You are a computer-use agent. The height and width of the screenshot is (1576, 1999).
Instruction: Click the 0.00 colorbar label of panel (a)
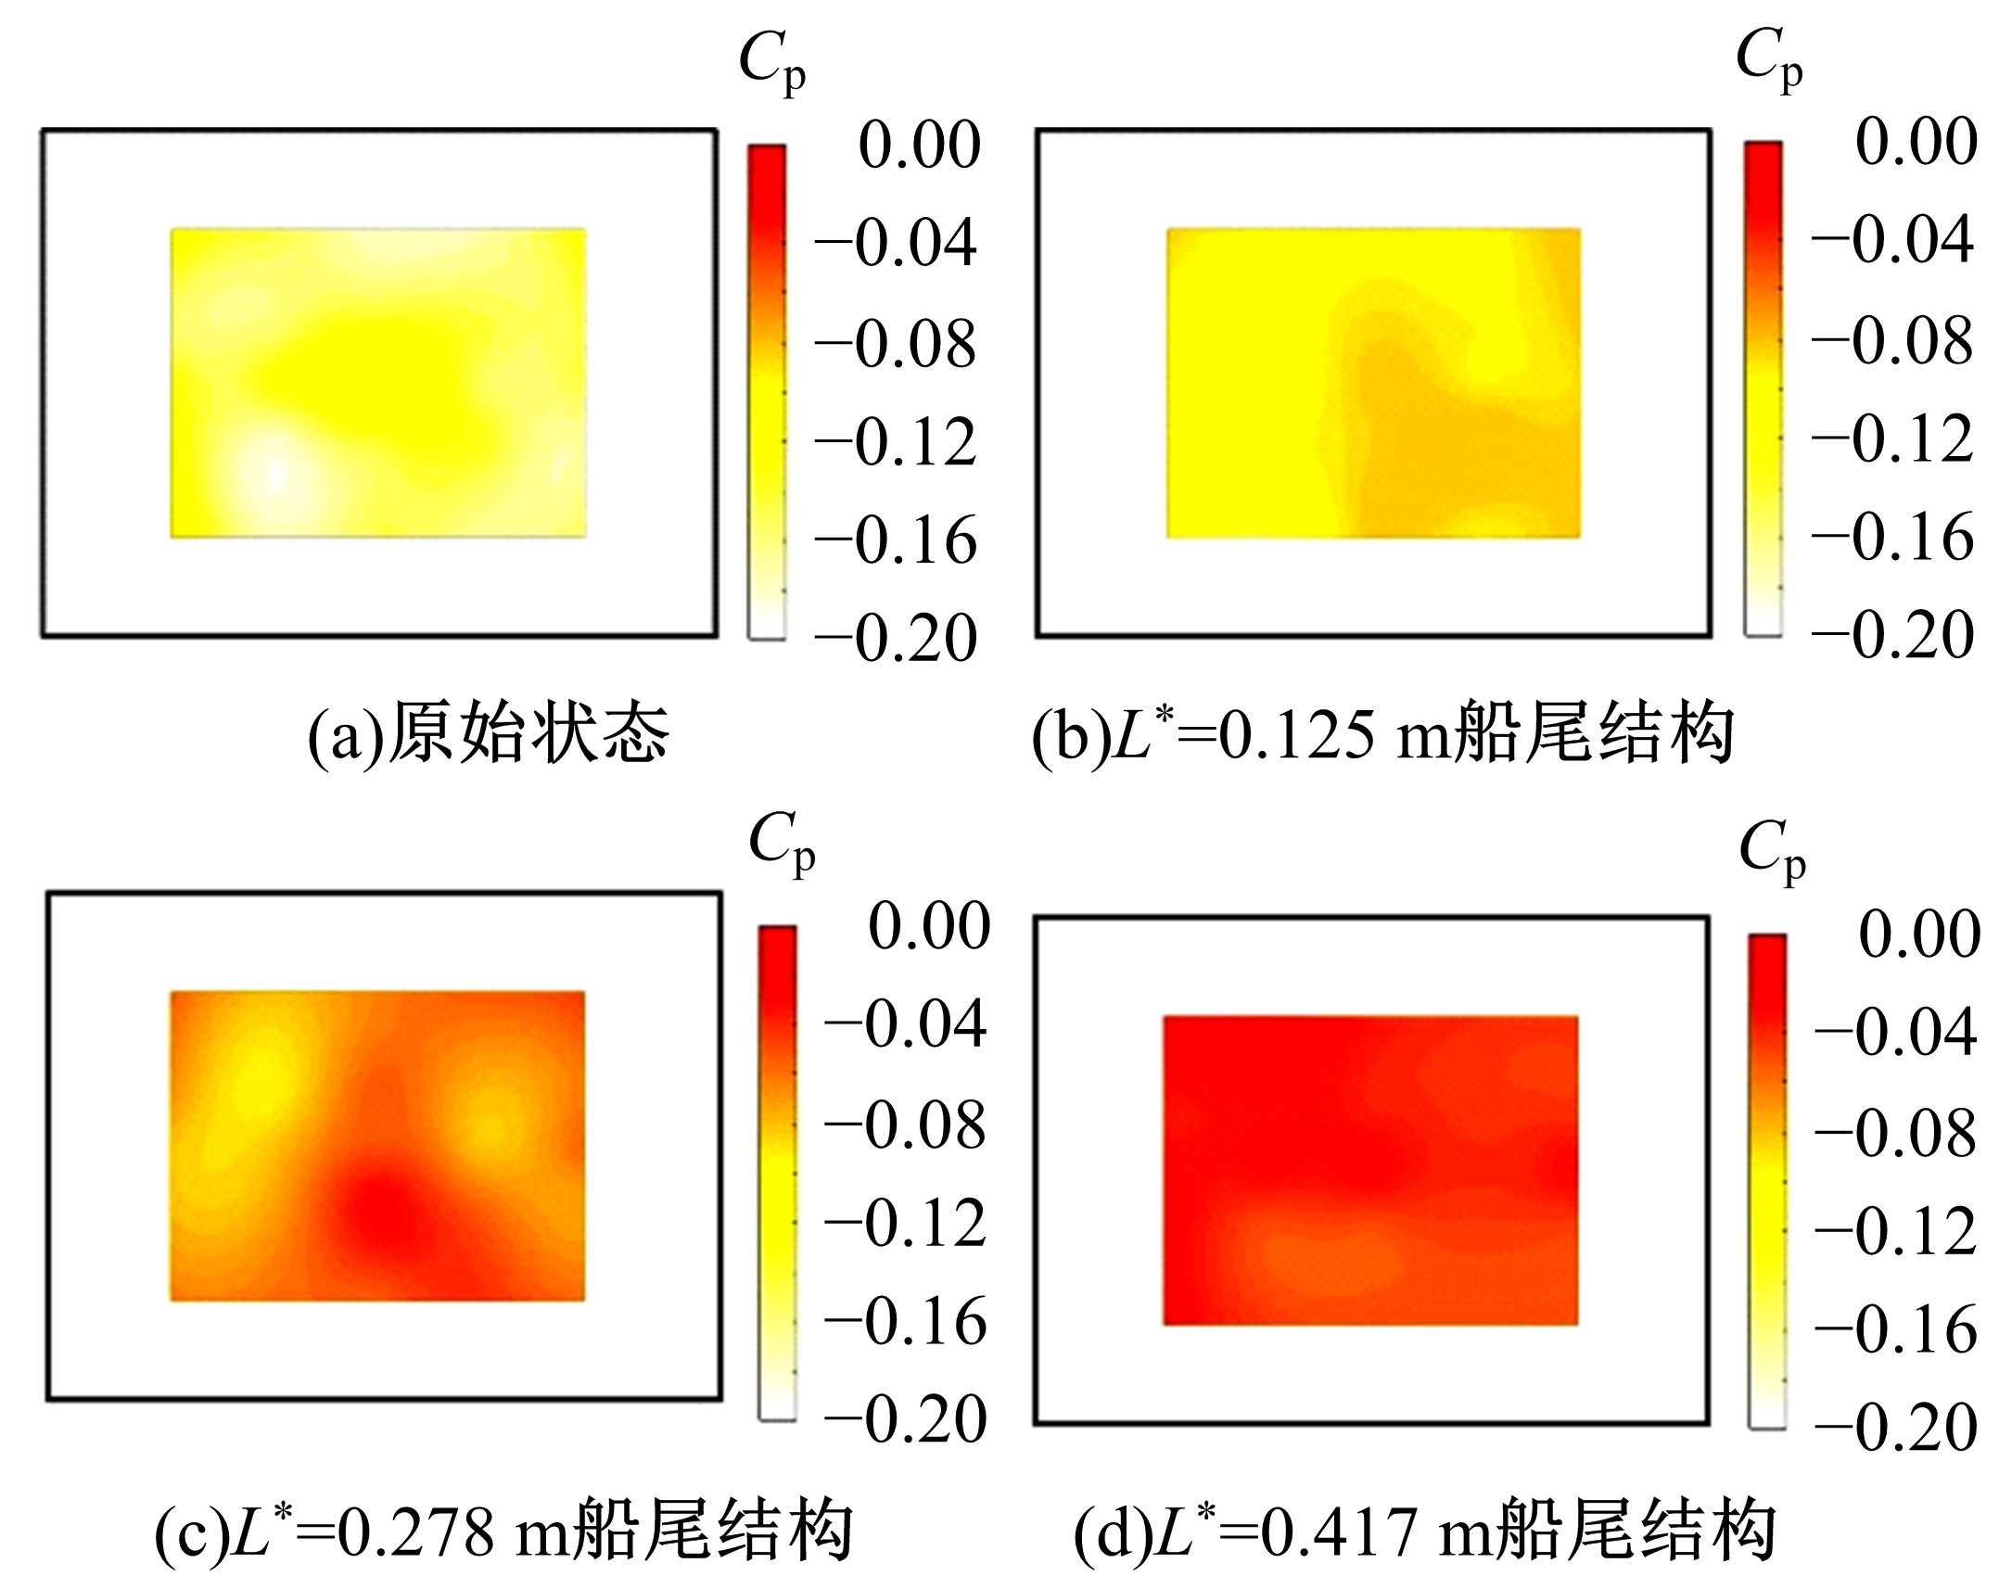[919, 146]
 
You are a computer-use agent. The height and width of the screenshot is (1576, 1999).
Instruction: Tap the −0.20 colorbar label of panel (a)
[896, 639]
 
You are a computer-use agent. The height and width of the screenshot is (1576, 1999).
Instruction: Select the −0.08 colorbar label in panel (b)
[1892, 342]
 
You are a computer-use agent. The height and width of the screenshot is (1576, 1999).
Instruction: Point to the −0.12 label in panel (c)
[905, 1225]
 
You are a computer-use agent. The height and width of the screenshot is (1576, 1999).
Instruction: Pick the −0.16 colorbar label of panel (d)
[1896, 1330]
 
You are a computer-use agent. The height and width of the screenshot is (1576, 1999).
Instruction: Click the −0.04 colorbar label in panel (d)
[1896, 1032]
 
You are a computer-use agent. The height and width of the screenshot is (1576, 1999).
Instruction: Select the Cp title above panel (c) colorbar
[782, 845]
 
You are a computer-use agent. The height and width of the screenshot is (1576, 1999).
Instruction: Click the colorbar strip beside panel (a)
[767, 391]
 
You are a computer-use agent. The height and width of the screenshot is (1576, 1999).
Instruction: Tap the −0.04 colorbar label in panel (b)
[1892, 241]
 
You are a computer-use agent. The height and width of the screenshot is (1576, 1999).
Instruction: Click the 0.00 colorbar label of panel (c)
[929, 926]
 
